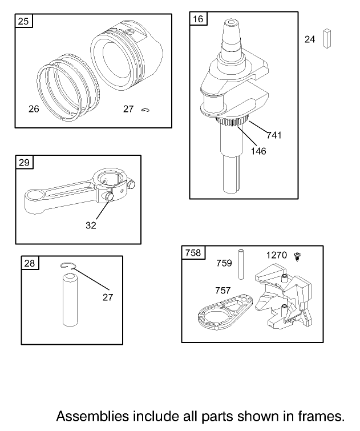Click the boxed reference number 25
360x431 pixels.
pos(23,22)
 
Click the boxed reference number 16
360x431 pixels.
pos(198,19)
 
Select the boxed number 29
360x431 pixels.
pos(24,163)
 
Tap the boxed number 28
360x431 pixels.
pos(29,263)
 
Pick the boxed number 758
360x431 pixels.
pos(193,252)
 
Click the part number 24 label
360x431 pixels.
pos(310,39)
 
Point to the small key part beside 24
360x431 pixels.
pos(327,38)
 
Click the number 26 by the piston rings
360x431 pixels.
pos(34,108)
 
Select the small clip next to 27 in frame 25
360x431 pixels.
pos(145,110)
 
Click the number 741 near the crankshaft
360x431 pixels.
pos(274,135)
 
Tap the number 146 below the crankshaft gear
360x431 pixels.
pos(258,151)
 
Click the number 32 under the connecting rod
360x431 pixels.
pos(91,225)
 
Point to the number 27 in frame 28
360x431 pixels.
pos(108,297)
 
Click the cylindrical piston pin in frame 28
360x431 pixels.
pos(70,300)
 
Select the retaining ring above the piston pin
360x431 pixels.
pos(69,265)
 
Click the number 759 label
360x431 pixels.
pos(224,263)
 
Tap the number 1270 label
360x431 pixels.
pos(277,255)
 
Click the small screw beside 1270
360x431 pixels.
pos(297,257)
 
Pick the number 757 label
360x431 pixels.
pos(223,291)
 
